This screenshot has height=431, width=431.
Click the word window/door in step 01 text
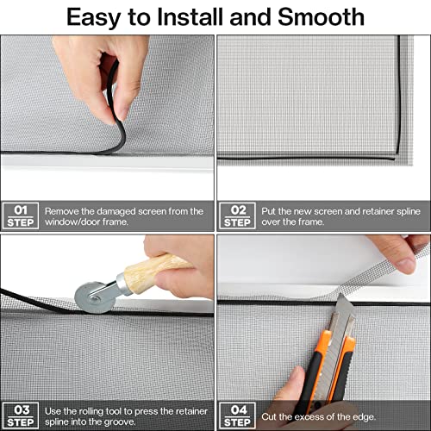(x=72, y=222)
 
